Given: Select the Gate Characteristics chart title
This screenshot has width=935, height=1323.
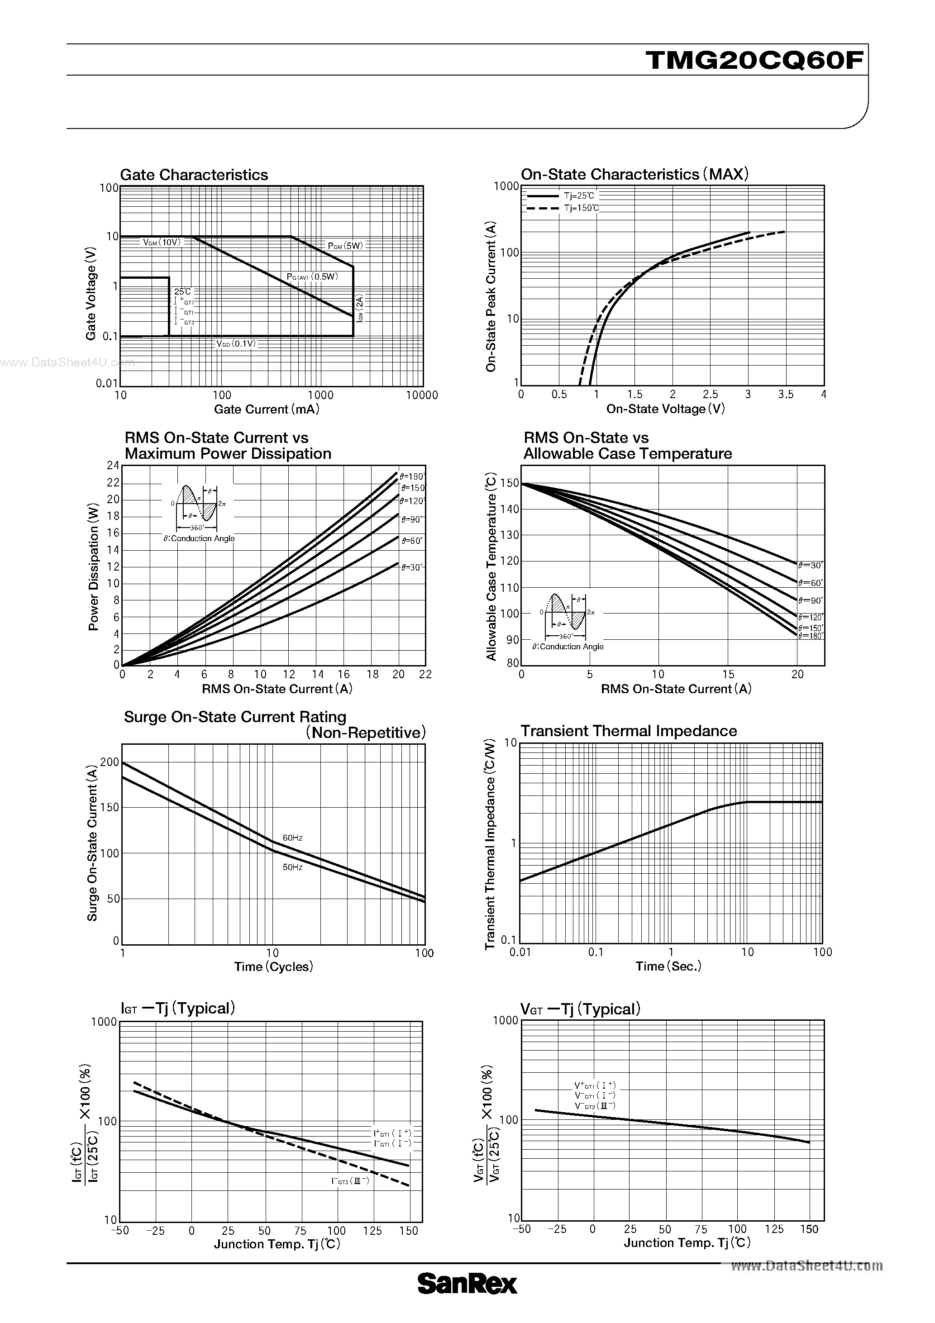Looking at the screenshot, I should pos(194,175).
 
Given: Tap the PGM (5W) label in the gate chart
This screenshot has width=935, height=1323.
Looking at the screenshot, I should pos(345,246).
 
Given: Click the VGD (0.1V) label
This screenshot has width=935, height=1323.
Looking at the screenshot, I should pos(236,343).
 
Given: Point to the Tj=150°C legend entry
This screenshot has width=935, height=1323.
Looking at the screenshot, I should pos(581,208).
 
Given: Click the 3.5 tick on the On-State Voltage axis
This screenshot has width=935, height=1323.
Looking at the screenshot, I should pos(786,395).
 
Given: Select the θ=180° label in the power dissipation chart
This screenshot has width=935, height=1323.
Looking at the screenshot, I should pos(412,476).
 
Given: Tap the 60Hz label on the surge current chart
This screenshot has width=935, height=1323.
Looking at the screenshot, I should pos(292,837).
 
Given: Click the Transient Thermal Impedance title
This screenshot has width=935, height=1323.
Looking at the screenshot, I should pos(628,731).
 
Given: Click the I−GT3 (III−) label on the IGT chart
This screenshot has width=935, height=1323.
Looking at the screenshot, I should pos(349,1180).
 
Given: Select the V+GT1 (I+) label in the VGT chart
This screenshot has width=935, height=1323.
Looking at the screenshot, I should pos(595,1085).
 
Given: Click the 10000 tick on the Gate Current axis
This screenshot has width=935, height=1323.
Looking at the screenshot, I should pos(422,395).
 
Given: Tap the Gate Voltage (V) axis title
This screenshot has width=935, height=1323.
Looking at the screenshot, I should pos(91,294).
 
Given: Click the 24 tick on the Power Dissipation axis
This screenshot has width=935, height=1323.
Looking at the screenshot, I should pos(113,466).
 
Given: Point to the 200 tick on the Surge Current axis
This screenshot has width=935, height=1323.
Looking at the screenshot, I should pos(110,762).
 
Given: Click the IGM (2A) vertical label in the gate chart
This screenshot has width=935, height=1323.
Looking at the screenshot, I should pos(360,308).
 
